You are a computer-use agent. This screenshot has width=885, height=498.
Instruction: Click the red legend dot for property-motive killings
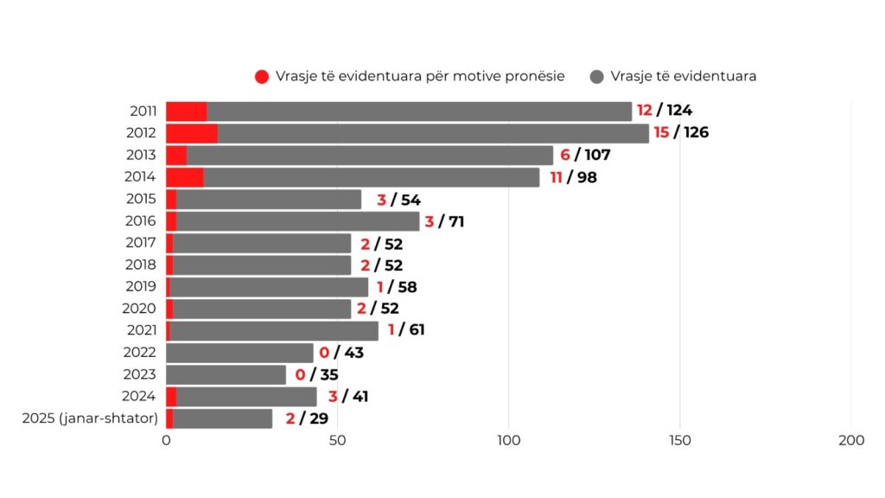pyautogui.click(x=263, y=76)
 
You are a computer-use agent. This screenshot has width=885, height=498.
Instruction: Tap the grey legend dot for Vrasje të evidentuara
pyautogui.click(x=597, y=76)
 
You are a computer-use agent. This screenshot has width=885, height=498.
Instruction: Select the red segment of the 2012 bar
pyautogui.click(x=192, y=133)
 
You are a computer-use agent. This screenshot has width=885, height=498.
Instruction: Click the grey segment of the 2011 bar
pyautogui.click(x=419, y=111)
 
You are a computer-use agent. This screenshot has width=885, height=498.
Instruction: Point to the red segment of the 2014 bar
pyautogui.click(x=185, y=177)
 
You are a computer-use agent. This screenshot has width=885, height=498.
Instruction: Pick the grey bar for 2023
pyautogui.click(x=226, y=374)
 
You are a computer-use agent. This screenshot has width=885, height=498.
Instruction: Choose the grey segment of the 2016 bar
pyautogui.click(x=298, y=221)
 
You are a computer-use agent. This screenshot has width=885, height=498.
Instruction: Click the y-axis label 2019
pyautogui.click(x=141, y=286)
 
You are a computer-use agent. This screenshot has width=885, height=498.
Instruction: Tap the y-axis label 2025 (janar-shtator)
pyautogui.click(x=89, y=418)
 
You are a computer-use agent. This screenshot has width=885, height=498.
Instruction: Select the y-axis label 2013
pyautogui.click(x=141, y=155)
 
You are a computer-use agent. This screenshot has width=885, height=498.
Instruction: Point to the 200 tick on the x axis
pyautogui.click(x=851, y=440)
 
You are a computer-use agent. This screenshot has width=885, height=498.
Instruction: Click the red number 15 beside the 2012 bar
pyautogui.click(x=661, y=133)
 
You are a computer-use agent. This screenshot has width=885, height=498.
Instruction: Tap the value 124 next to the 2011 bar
pyautogui.click(x=679, y=111)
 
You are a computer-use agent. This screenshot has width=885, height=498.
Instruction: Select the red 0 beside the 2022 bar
pyautogui.click(x=324, y=353)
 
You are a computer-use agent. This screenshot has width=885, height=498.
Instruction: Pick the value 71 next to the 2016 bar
pyautogui.click(x=457, y=221)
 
